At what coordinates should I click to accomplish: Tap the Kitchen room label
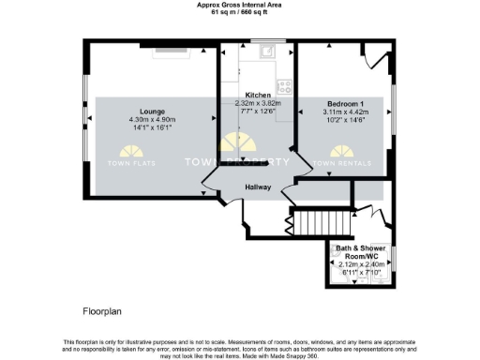[258, 96]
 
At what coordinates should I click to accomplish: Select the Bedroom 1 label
[344, 102]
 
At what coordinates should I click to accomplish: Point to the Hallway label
[258, 187]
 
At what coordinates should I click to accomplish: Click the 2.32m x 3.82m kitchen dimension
[258, 104]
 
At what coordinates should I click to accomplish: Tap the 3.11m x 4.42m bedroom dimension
[344, 112]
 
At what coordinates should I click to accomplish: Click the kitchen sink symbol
[266, 52]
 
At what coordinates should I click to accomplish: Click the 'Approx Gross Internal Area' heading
[239, 5]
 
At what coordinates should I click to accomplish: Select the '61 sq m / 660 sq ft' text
[239, 12]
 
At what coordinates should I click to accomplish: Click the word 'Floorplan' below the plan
[98, 308]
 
